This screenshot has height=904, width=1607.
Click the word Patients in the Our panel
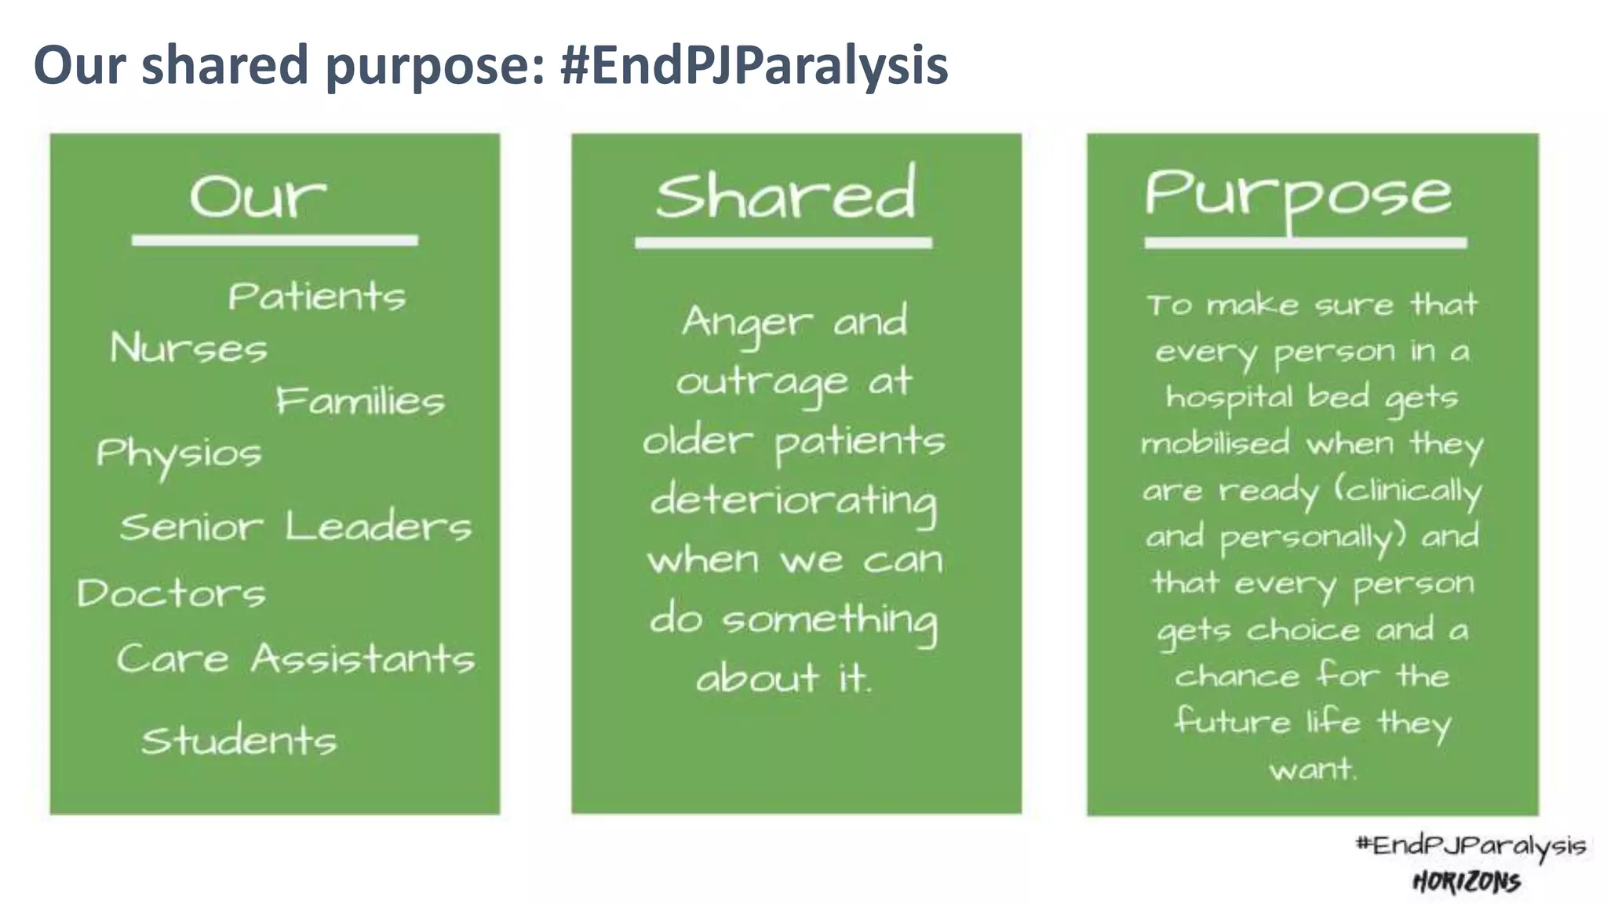pos(317,297)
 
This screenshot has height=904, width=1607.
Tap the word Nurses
pos(188,348)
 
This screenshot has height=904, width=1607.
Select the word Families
pos(360,401)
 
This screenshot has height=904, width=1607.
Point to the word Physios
pos(179,454)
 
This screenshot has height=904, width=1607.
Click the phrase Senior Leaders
pos(296,527)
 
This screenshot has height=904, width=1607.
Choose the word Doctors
pos(172,593)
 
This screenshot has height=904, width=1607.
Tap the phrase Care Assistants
pos(296,658)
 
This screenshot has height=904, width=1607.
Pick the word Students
pos(239,741)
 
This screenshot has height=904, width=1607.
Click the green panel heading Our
pos(257,196)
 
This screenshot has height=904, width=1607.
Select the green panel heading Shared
pos(785,193)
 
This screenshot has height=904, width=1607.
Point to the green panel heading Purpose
pos(1298,194)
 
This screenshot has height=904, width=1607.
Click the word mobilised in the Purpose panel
pos(1215,443)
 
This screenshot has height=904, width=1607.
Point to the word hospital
pos(1228,398)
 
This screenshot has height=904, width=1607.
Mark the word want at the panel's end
pos(1313,768)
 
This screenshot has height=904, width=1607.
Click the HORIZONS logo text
pos(1467,882)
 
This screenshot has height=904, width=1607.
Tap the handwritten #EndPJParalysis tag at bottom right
pos(1470,846)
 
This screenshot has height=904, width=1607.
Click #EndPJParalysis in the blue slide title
pos(754,64)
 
